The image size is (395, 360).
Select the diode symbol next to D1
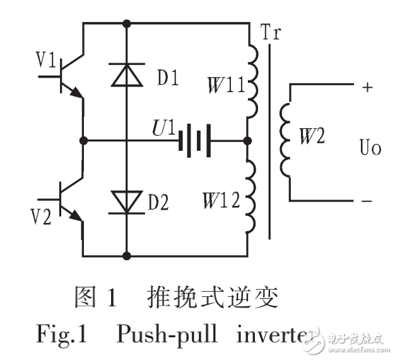127,75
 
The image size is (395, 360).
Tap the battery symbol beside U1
193,139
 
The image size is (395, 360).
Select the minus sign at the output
367,201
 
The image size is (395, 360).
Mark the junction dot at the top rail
127,23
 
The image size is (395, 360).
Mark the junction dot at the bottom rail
127,256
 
